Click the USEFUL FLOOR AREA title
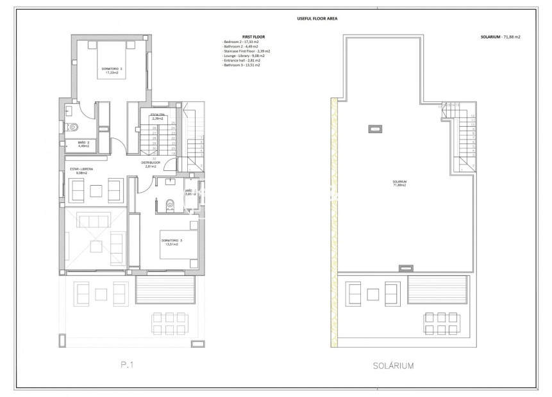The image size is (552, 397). pyautogui.click(x=314, y=19)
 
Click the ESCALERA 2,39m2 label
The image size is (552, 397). pyautogui.click(x=157, y=117)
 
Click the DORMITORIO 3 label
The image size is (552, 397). pyautogui.click(x=172, y=241)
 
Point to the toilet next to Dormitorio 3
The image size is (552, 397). pyautogui.click(x=169, y=205)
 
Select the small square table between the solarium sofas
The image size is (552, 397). pyautogui.click(x=375, y=293)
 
